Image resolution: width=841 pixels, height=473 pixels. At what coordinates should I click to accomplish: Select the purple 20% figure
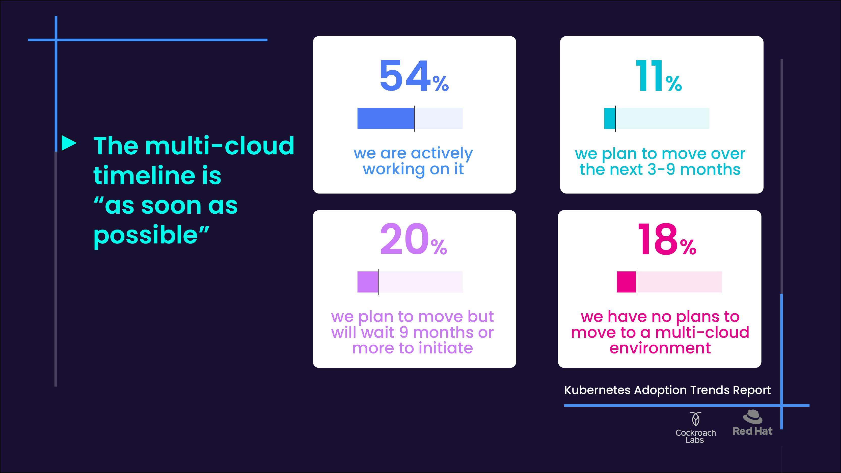coord(413,239)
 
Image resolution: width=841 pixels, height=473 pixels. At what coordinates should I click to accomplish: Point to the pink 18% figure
coord(667,239)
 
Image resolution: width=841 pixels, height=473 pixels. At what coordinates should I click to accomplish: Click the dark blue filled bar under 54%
coord(386,119)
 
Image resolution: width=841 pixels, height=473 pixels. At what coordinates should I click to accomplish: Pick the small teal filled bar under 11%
coord(610,119)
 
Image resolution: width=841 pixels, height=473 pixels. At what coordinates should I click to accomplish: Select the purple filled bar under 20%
coord(368,282)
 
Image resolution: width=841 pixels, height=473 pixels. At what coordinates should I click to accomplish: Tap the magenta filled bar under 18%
coord(627,282)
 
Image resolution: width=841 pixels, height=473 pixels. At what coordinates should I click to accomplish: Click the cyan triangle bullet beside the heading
coord(69,143)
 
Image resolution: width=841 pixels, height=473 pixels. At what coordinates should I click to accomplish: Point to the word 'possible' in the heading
coord(146,236)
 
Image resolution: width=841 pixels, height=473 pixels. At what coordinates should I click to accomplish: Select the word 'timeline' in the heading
coord(140,175)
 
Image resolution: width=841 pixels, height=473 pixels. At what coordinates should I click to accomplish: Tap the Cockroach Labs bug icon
coord(695,419)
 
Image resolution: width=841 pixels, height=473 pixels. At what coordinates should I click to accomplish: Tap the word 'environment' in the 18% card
coord(660,348)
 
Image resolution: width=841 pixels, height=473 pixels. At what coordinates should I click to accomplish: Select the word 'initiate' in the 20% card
coord(445,348)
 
